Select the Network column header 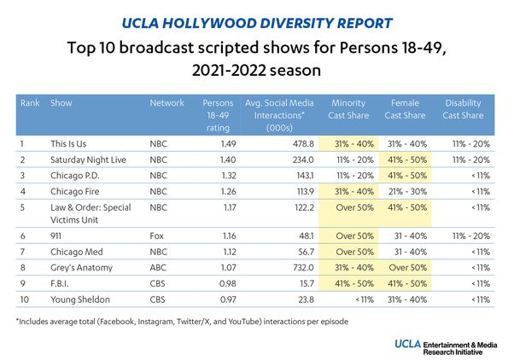tap(167, 103)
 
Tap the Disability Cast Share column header tap(464, 108)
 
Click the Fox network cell tap(158, 237)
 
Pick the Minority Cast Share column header tap(352, 108)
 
